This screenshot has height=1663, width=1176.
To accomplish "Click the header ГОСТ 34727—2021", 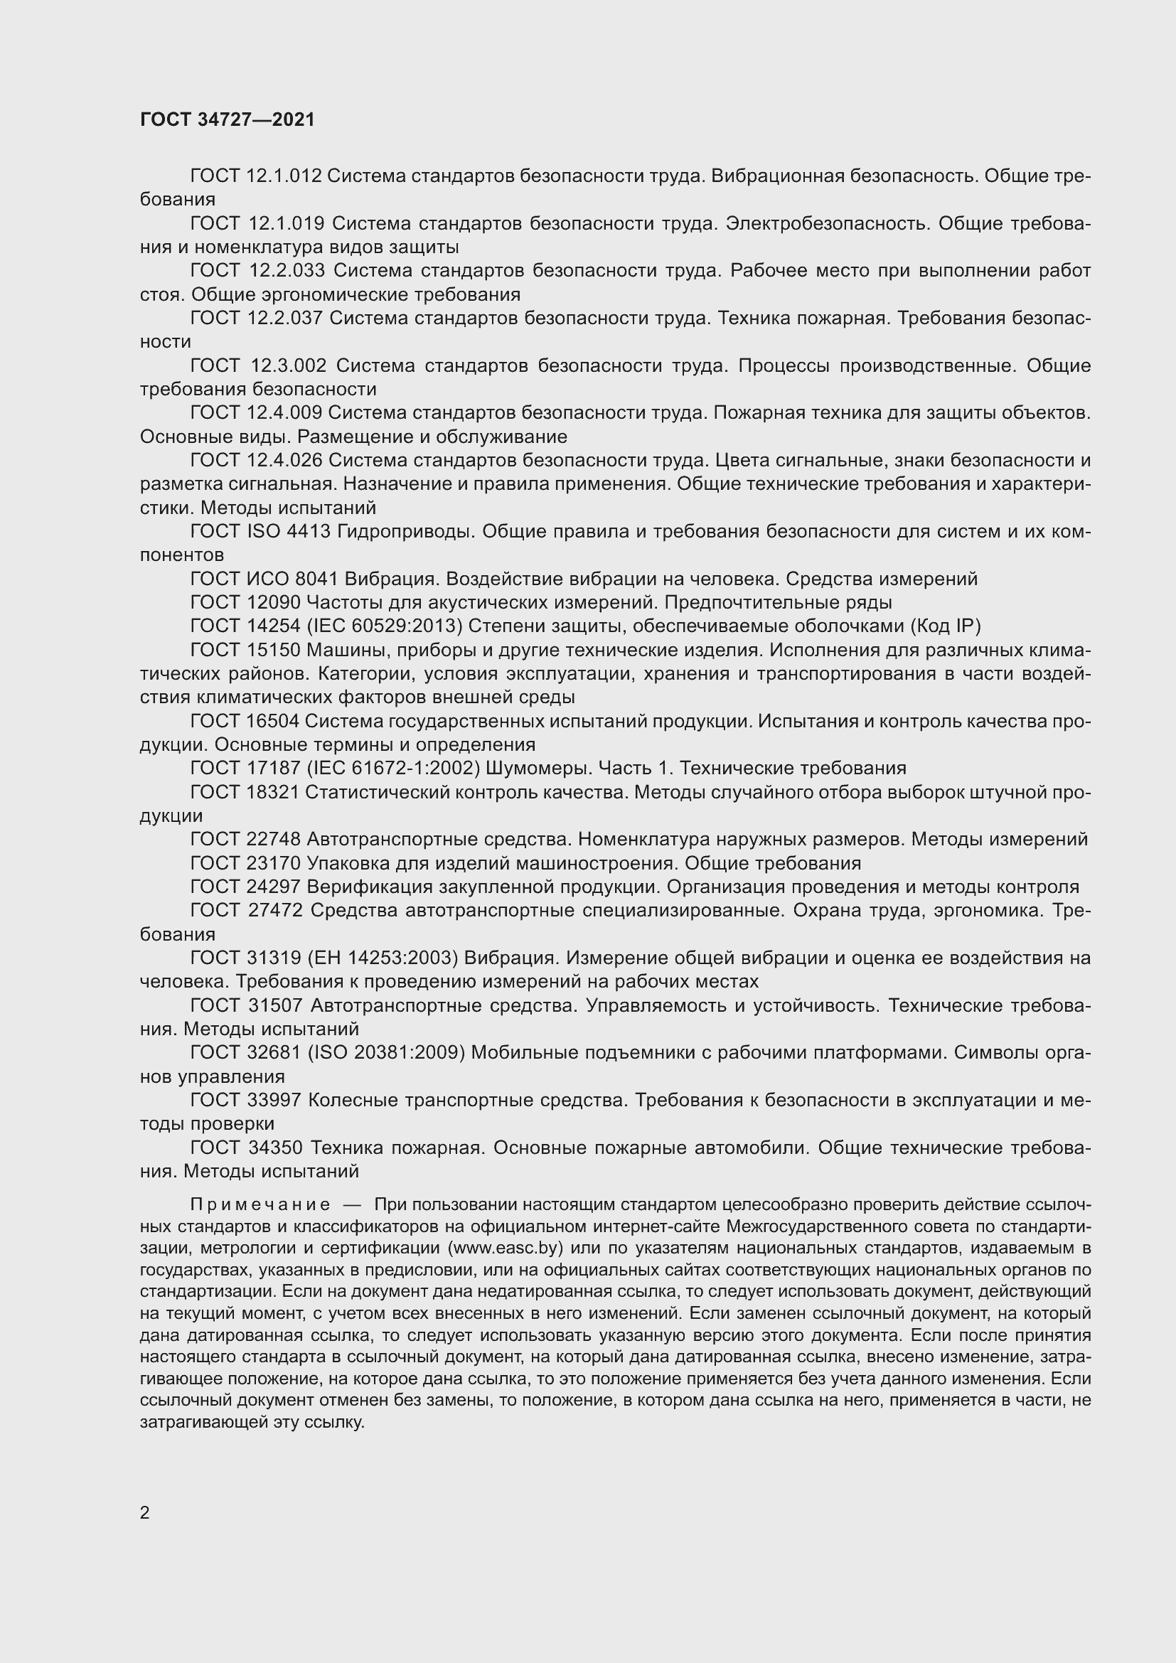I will pos(228,119).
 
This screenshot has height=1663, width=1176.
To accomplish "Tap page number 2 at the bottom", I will pos(145,1513).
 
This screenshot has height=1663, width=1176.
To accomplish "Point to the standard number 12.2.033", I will pos(287,271).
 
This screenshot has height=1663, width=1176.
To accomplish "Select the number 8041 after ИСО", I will pos(317,579).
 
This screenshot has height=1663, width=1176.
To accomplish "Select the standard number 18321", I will pos(266,792).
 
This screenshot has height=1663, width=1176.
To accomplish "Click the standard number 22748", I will pos(267,840).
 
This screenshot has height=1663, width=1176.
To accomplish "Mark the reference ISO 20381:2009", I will pos(386,1052).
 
